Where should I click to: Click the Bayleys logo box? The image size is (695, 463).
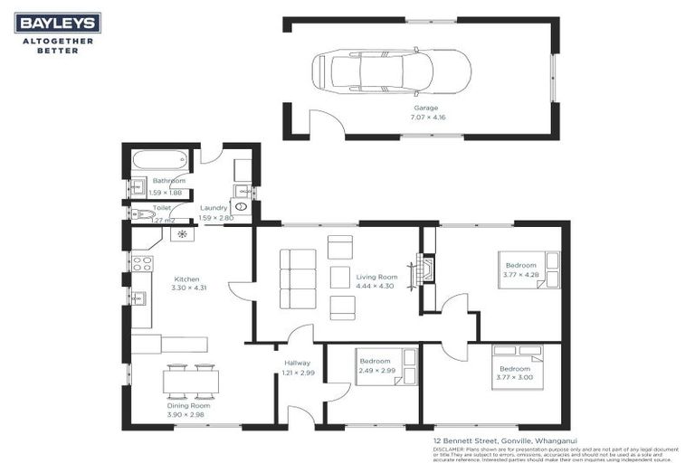57,23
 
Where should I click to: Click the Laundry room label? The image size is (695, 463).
214,207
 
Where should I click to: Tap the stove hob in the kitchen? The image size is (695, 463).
142,263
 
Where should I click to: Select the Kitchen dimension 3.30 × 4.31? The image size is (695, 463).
188,288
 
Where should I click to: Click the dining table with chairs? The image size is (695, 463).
191,382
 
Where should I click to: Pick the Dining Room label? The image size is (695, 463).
189,406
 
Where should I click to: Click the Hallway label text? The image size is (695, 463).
297,363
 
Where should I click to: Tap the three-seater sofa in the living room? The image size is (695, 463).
298,279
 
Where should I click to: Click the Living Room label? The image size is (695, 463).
376,277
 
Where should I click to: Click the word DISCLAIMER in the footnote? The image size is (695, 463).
448,448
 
